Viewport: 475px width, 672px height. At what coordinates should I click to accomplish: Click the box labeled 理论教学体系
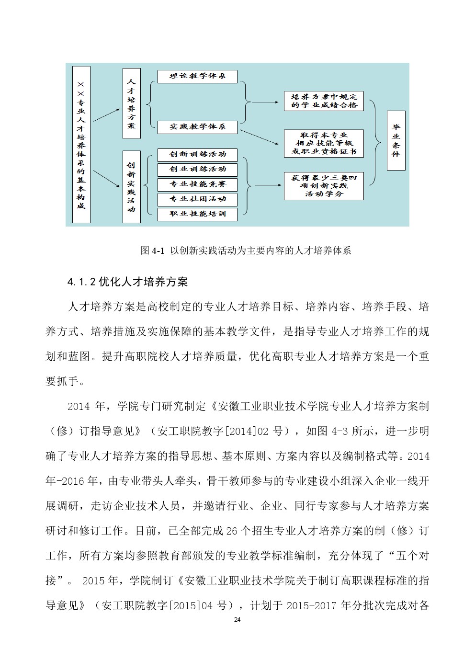(197, 76)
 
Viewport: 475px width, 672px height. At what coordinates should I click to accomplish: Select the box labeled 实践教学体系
(197, 127)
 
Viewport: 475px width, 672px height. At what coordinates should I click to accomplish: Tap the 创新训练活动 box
(197, 154)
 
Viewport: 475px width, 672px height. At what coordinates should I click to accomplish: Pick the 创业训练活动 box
(197, 169)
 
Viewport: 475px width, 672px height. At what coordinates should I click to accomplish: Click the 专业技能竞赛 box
(197, 184)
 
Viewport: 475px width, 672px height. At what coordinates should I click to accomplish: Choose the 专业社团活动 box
(197, 199)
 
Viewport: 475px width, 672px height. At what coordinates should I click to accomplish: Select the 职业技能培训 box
(197, 214)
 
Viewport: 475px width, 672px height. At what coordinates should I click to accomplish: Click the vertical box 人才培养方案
(131, 103)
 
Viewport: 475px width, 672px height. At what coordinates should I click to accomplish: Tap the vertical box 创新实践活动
(131, 187)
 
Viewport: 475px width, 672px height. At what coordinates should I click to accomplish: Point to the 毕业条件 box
(396, 140)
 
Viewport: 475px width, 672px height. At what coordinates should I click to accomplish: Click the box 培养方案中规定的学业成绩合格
(324, 101)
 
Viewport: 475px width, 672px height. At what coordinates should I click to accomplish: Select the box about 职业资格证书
(324, 143)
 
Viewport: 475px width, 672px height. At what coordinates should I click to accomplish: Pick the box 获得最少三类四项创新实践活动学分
(324, 186)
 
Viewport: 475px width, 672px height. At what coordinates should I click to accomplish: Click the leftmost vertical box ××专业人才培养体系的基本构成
(81, 145)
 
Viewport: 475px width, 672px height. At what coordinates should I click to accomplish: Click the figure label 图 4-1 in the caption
(153, 251)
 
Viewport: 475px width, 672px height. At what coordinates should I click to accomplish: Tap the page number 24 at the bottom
(237, 620)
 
